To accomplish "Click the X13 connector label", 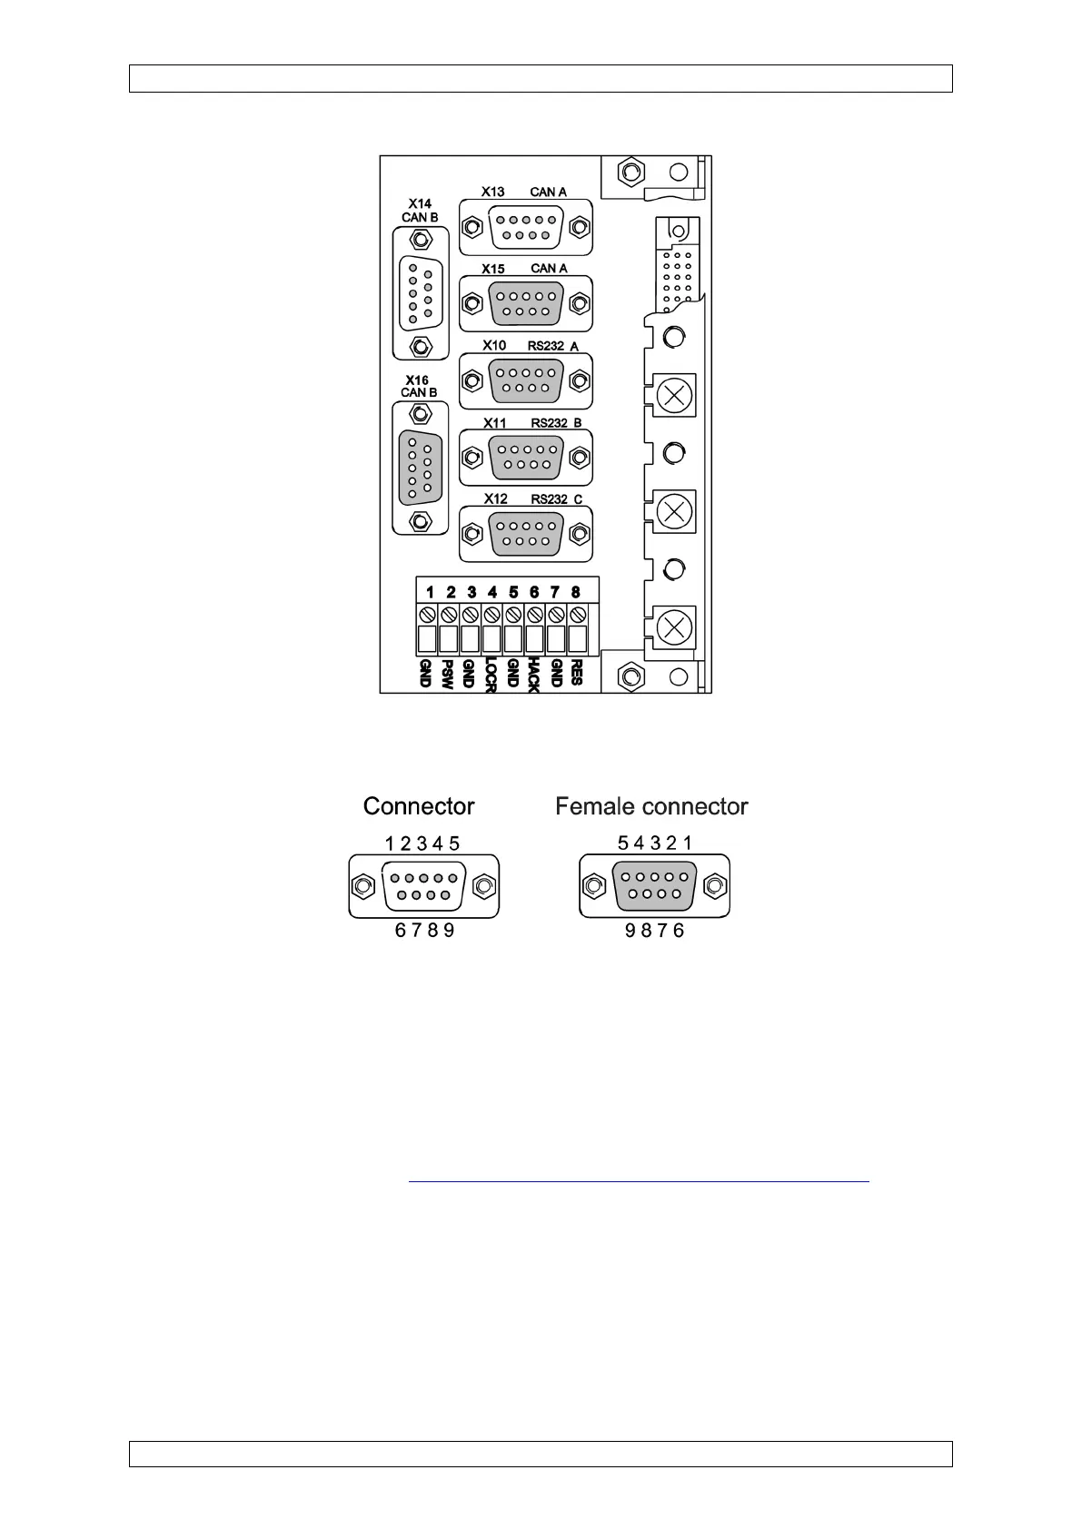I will tap(493, 192).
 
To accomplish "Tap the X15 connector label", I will tap(493, 270).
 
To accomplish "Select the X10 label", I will tap(494, 346).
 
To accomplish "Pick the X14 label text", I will tap(420, 204).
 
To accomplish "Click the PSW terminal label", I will tap(447, 674).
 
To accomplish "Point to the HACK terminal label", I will tap(533, 676).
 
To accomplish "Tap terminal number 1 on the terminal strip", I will tap(430, 593).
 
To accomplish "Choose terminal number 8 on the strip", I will tap(576, 593).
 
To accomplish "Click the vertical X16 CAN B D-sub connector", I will tap(420, 468).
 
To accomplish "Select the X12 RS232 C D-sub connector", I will tap(526, 534).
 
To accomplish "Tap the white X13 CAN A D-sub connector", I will tap(526, 226).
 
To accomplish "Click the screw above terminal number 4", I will tap(491, 615).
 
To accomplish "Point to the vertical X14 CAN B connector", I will tap(420, 292).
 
